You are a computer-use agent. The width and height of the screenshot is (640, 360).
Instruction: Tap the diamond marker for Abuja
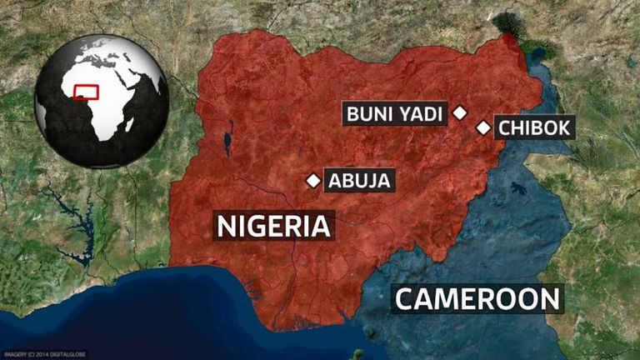tap(313, 180)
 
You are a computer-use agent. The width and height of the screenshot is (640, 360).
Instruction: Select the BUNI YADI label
tap(396, 112)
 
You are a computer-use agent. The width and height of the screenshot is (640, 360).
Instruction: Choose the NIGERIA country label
tap(273, 226)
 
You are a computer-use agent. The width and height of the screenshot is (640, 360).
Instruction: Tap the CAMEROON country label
tap(477, 298)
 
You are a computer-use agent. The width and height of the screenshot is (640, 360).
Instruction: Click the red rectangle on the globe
tap(86, 92)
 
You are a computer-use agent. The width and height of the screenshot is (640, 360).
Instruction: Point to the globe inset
tap(102, 101)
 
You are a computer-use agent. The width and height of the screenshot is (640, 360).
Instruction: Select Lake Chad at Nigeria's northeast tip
tap(508, 26)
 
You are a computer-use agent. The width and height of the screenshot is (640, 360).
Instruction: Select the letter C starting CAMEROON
tap(406, 298)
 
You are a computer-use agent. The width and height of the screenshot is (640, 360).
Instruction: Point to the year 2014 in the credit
tap(39, 353)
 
